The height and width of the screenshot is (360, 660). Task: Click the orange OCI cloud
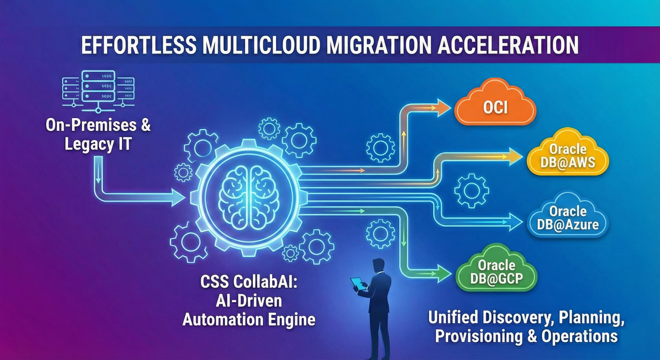(x=495, y=107)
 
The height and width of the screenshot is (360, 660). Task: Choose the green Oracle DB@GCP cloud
(x=496, y=272)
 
